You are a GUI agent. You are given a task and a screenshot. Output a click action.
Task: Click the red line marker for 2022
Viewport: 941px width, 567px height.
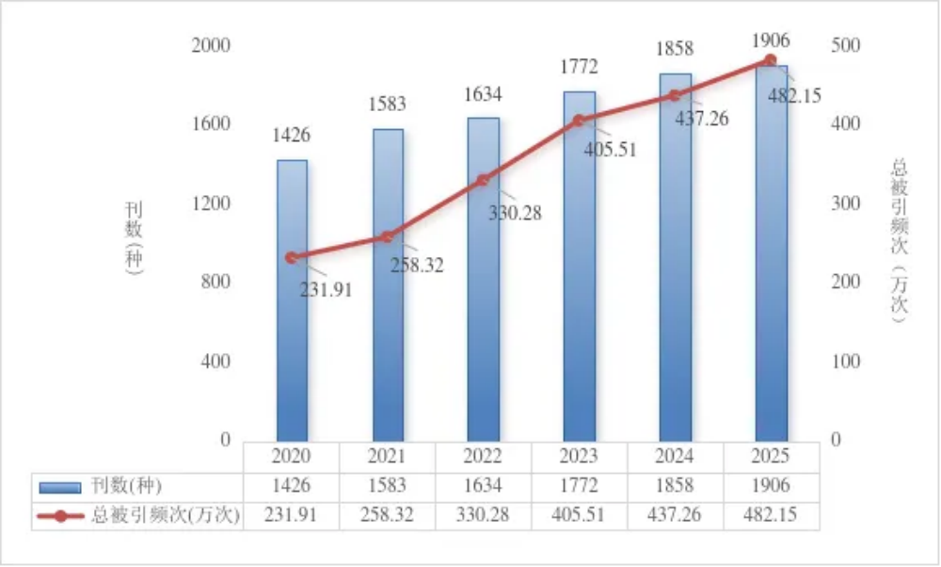tap(483, 180)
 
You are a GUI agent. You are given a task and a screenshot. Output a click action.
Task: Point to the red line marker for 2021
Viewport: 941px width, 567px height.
tap(387, 236)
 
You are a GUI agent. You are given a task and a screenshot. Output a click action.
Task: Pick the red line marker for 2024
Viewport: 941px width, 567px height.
tap(674, 95)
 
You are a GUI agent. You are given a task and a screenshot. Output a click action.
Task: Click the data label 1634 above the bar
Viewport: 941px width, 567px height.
tap(483, 95)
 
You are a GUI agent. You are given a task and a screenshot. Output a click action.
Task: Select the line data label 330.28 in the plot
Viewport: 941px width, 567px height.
tap(515, 213)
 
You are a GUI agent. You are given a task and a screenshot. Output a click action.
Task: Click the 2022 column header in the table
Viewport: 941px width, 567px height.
tap(483, 457)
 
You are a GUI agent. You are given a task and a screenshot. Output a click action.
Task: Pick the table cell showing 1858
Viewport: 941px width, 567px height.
tap(675, 486)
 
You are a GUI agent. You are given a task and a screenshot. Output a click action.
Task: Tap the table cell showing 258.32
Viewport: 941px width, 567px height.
tap(387, 516)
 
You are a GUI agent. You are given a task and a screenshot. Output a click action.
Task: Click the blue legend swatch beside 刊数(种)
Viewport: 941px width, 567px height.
tap(62, 487)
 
